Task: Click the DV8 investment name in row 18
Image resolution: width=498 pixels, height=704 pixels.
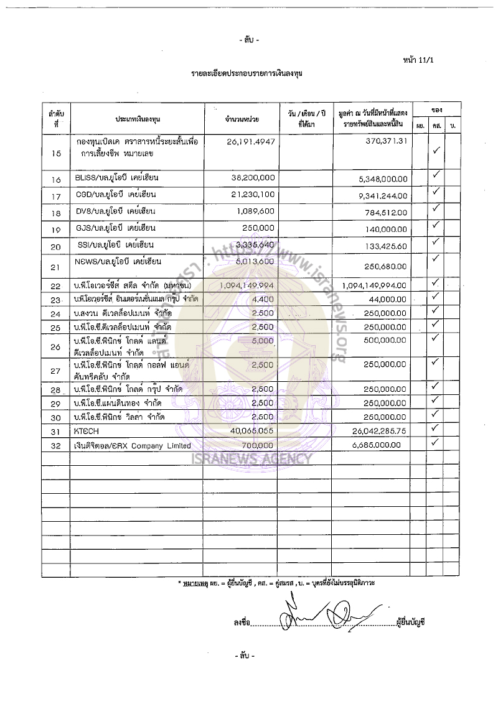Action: click(x=116, y=212)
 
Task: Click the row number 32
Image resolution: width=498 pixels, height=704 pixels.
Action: click(x=56, y=446)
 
